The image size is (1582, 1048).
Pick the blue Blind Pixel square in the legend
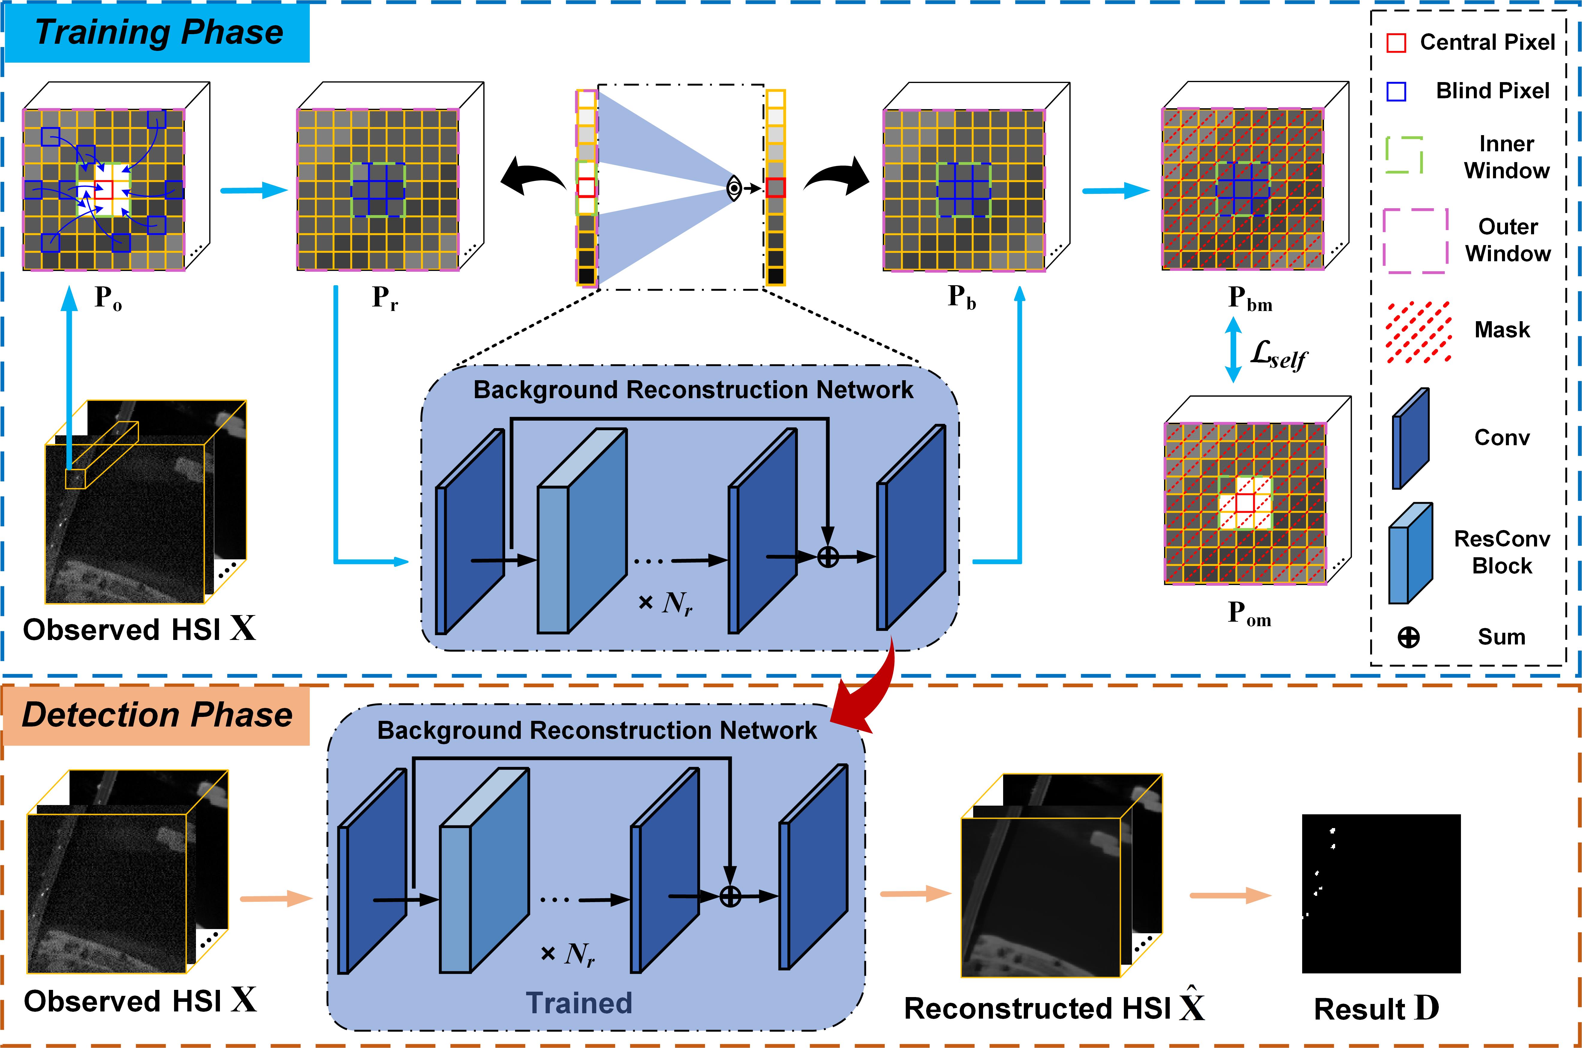(1396, 92)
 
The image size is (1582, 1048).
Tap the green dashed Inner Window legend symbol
(1403, 155)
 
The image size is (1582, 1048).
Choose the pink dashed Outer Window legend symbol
(1415, 241)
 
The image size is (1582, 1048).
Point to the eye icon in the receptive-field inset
(734, 188)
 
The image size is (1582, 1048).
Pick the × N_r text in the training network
(665, 603)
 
